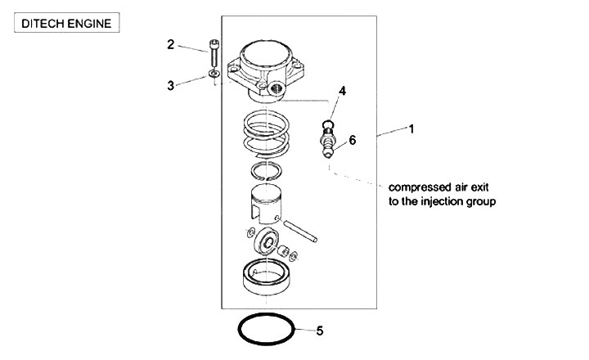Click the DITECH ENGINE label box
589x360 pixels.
pos(67,23)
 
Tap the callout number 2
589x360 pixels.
pos(171,44)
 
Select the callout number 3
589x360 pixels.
pos(171,85)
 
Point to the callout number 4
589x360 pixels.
pos(343,92)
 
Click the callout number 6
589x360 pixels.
pos(353,140)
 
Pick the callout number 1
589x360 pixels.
pos(411,128)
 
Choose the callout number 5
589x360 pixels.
pos(320,331)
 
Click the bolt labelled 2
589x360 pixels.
pos(214,54)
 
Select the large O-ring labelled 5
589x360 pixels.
pos(267,331)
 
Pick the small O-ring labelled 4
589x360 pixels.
pos(327,125)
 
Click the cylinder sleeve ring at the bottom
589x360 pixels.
pos(268,275)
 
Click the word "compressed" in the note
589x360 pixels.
pos(418,186)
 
